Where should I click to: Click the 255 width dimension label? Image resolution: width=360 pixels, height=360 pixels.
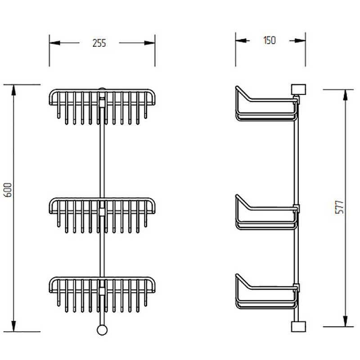click(99, 43)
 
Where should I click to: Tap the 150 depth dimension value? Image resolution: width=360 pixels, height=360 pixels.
click(269, 40)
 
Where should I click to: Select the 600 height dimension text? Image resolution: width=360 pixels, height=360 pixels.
click(8, 190)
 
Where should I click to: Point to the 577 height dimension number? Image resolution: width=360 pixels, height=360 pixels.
click(339, 207)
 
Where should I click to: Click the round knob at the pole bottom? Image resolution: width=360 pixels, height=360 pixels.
click(102, 330)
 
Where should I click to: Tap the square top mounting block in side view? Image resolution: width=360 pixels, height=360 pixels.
click(298, 89)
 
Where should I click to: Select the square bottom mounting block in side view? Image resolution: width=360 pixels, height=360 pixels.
click(298, 327)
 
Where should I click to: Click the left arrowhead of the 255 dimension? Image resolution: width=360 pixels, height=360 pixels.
click(54, 43)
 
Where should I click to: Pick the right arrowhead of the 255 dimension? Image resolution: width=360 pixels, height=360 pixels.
click(150, 43)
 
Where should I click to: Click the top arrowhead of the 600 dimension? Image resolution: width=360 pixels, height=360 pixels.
click(14, 90)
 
